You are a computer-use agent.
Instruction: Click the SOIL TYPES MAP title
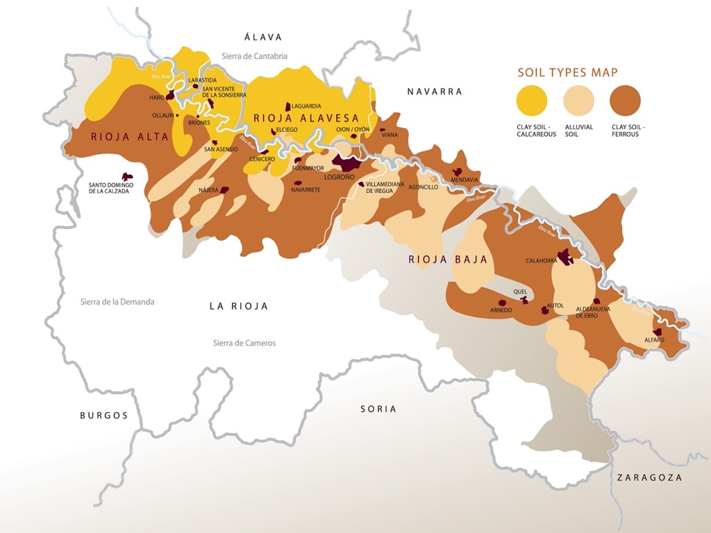[567, 72]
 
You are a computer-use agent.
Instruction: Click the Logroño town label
[340, 177]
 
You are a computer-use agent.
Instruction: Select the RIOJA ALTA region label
[130, 137]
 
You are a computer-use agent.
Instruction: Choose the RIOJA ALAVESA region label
[306, 119]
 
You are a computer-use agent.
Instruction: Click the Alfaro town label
[654, 341]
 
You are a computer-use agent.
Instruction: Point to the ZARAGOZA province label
[649, 477]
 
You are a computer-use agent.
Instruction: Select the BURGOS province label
[104, 416]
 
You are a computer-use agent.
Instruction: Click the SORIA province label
[378, 409]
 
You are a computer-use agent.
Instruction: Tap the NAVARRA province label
[435, 92]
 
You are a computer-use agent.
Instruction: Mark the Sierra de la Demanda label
[117, 302]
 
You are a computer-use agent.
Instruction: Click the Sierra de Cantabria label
[254, 56]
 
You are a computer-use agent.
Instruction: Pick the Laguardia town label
[306, 106]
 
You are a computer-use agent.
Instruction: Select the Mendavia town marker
[458, 172]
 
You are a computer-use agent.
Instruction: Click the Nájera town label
[209, 189]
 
